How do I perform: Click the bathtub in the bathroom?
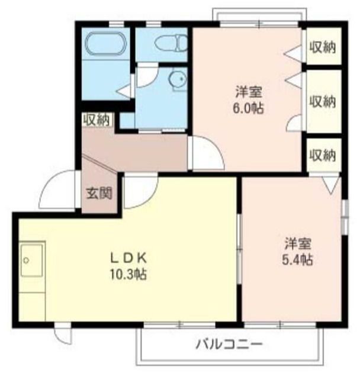click(105, 43)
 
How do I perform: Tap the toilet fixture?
click(171, 43)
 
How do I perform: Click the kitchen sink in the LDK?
click(32, 260)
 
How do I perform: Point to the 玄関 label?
click(99, 194)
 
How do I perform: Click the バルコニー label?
click(229, 344)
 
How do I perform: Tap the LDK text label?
click(128, 259)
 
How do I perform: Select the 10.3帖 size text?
click(128, 274)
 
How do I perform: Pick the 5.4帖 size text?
click(298, 260)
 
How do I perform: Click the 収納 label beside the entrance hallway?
click(96, 120)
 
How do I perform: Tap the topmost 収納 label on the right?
click(323, 47)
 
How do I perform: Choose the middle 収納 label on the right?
click(323, 101)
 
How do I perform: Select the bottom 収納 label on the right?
click(323, 155)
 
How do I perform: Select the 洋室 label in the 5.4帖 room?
click(298, 243)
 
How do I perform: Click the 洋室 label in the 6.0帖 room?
click(249, 92)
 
